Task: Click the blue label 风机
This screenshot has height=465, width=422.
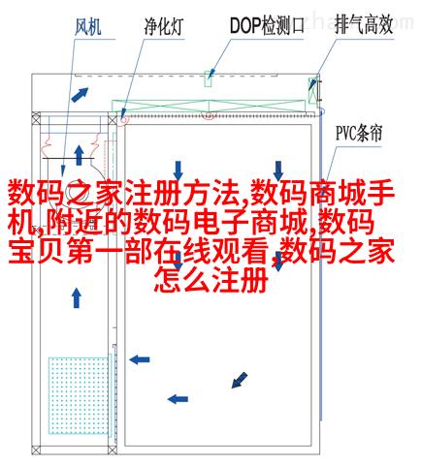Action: click(x=87, y=26)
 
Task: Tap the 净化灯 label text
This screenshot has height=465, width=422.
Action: click(x=164, y=26)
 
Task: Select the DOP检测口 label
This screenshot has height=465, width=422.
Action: click(x=267, y=25)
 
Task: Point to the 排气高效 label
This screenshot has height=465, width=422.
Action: click(x=364, y=24)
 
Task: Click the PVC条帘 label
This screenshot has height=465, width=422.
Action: click(x=359, y=133)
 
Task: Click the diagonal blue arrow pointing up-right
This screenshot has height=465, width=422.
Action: click(x=80, y=95)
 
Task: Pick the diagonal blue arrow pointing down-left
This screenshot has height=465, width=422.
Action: click(x=240, y=380)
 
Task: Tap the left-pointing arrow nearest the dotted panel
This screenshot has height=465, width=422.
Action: click(x=140, y=359)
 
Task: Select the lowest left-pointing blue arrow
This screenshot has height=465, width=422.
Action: click(x=178, y=399)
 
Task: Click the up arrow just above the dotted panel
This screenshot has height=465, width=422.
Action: click(x=77, y=298)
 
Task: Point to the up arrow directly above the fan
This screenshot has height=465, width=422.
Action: click(x=79, y=155)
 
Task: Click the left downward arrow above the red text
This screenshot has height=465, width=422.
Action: click(x=178, y=170)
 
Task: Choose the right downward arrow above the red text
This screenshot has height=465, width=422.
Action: click(x=278, y=170)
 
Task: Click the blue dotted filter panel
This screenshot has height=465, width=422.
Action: click(x=79, y=395)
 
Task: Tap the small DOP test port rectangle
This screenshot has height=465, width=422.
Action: click(x=209, y=78)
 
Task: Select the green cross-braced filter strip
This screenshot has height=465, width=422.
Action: click(x=209, y=106)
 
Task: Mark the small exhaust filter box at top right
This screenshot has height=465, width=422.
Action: click(x=312, y=91)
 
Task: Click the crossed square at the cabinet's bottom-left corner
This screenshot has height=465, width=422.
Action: click(x=36, y=449)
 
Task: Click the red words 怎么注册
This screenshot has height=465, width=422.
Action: click(x=211, y=280)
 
